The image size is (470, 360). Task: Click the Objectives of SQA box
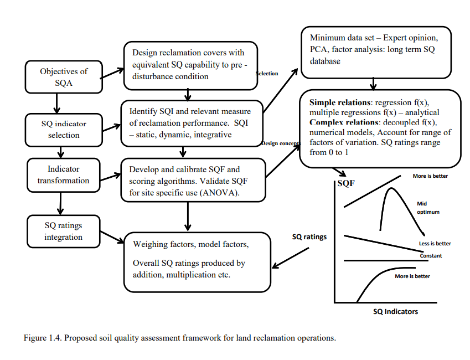[x=64, y=78]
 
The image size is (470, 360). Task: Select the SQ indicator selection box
[x=64, y=129]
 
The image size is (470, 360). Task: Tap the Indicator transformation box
[x=64, y=174]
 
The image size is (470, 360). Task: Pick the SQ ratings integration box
[x=64, y=232]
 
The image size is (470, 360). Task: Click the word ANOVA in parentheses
[x=225, y=193]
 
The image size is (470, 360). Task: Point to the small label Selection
[x=267, y=73]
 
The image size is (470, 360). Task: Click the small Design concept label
[x=281, y=143]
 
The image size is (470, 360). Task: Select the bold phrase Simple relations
[x=340, y=102]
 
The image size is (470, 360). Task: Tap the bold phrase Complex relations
[x=344, y=121]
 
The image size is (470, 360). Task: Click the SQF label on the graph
[x=345, y=183]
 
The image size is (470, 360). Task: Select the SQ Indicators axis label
[x=395, y=311]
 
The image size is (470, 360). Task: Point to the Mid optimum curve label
[x=427, y=208]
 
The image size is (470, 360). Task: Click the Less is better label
[x=435, y=244]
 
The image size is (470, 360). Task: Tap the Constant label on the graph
[x=430, y=256]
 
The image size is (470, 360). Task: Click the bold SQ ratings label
[x=309, y=236]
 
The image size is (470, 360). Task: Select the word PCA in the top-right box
[x=319, y=49]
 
